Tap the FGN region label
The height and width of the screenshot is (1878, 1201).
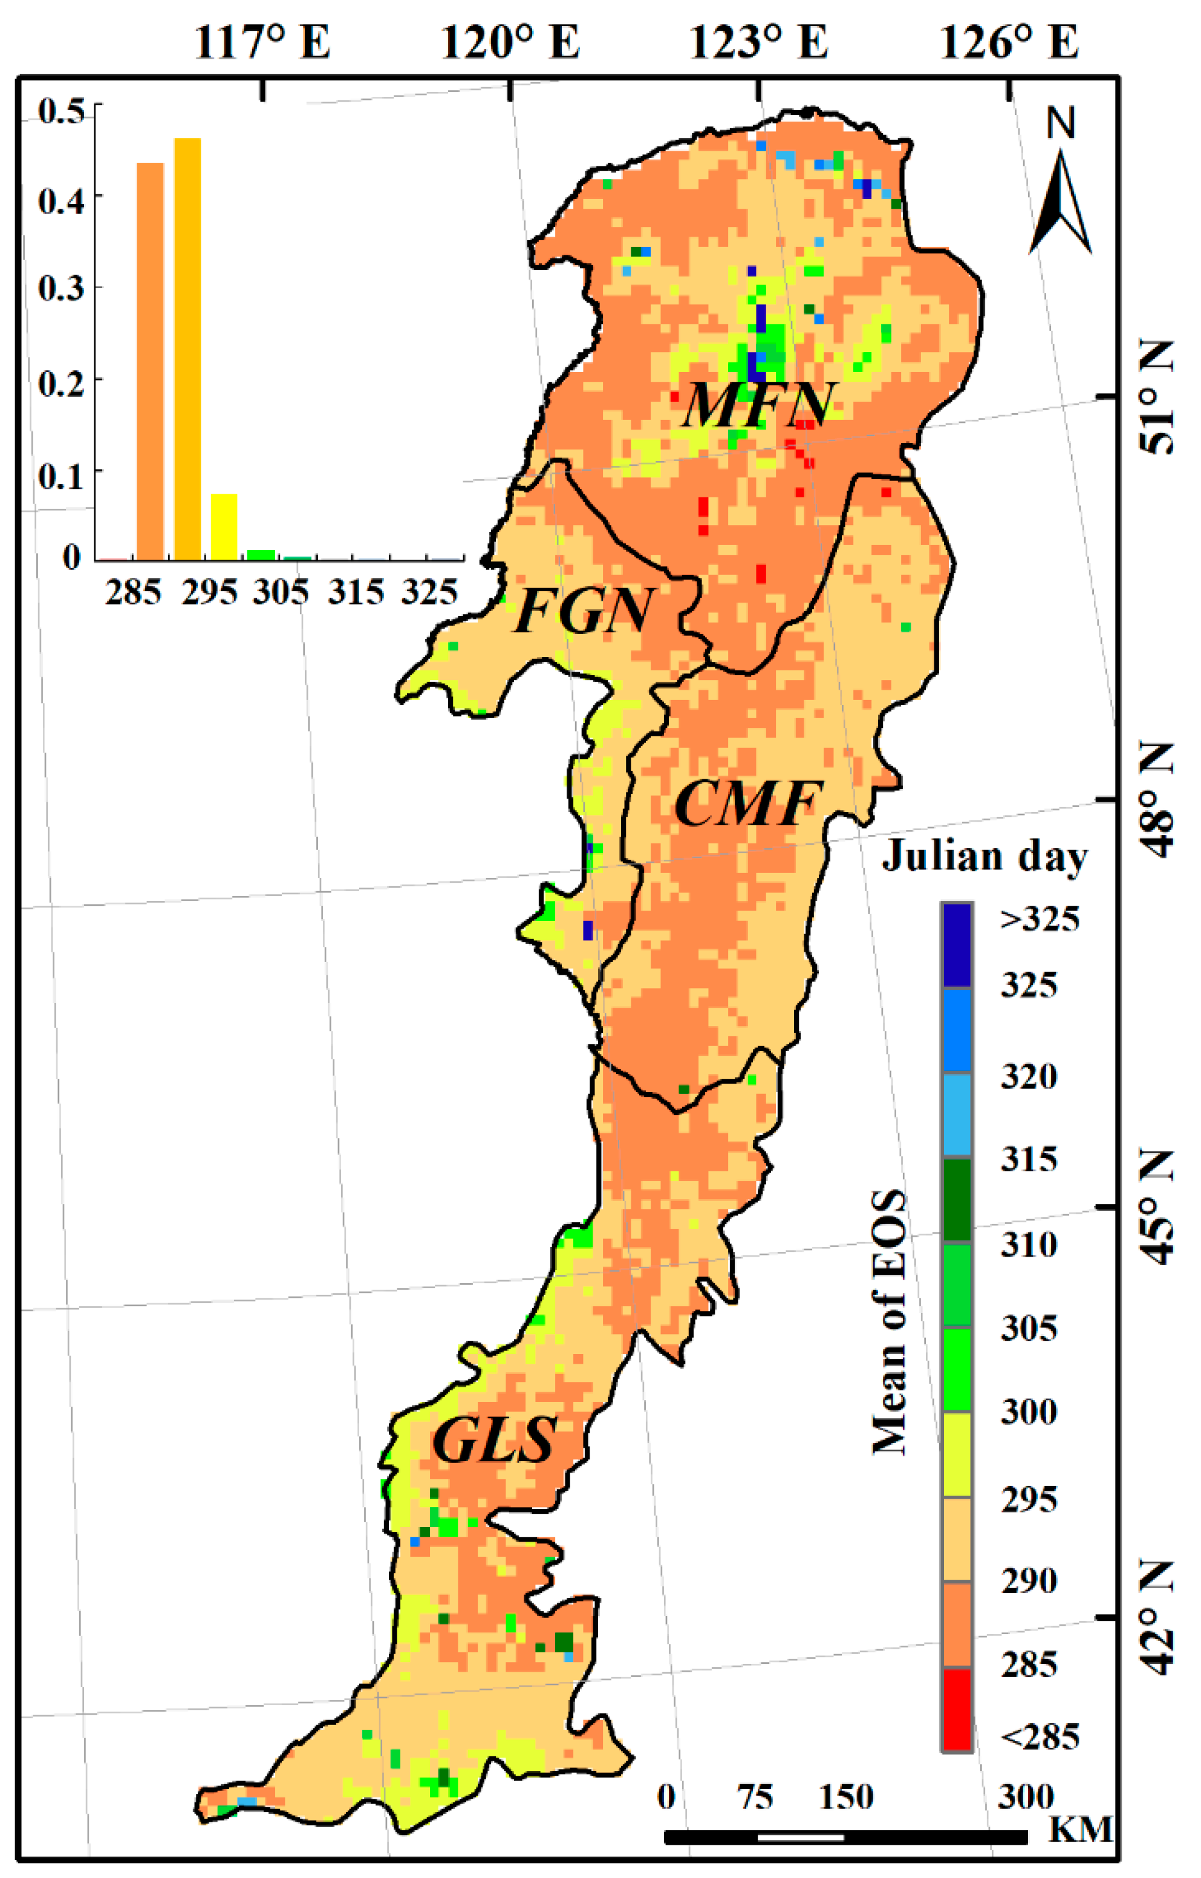pyautogui.click(x=584, y=612)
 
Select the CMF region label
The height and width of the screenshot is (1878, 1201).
pyautogui.click(x=747, y=803)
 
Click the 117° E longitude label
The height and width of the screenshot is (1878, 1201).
pyautogui.click(x=262, y=42)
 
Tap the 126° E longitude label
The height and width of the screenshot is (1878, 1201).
pyautogui.click(x=1009, y=42)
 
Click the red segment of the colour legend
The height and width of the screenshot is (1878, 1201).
pyautogui.click(x=956, y=1709)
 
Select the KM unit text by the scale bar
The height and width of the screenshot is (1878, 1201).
pyautogui.click(x=1080, y=1829)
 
